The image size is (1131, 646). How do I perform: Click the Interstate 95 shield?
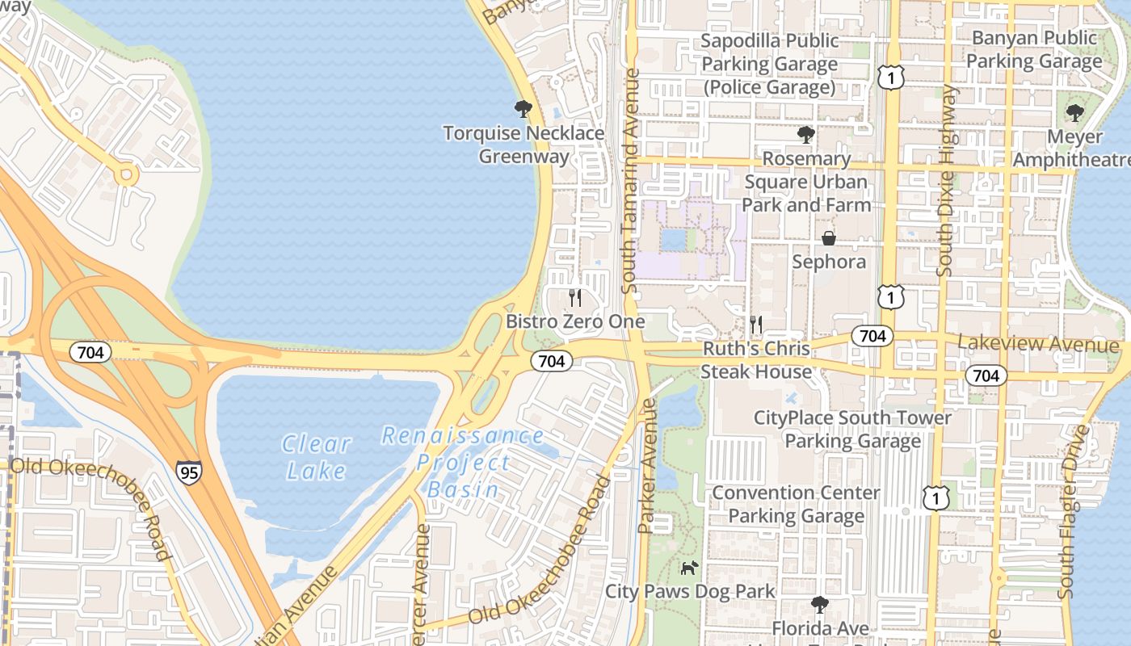point(189,472)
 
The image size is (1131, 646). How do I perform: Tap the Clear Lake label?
point(316,457)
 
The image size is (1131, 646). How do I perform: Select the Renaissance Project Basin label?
point(463,463)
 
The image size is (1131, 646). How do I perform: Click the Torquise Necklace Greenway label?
point(523,145)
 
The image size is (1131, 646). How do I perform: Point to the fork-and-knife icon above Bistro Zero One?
point(574,298)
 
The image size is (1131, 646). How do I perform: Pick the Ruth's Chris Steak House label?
point(756,360)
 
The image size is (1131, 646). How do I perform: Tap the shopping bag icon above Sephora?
point(829,238)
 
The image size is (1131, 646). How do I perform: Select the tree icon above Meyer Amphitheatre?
point(1074,112)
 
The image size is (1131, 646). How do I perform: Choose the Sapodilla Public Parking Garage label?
point(770,64)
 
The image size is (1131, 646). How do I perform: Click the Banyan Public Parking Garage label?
point(1034,49)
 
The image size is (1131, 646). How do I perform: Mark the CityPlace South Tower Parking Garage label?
point(852,430)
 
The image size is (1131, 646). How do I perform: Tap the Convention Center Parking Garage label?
point(796,504)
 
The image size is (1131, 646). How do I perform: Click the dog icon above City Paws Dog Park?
point(689,568)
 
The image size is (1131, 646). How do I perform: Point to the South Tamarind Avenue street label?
point(631,181)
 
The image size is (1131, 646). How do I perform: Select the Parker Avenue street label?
point(646,467)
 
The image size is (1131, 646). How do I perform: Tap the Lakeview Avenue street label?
point(1038,345)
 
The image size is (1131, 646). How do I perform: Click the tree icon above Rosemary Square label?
point(805,134)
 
